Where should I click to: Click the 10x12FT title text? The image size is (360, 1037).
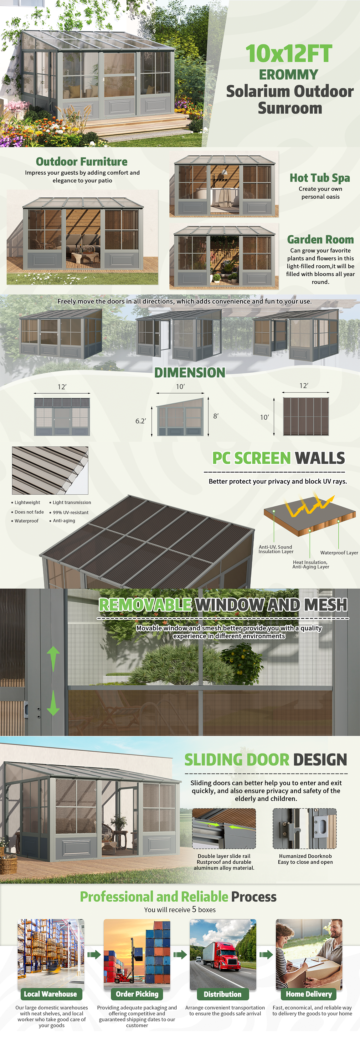click(289, 54)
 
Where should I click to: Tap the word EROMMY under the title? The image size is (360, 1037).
click(288, 74)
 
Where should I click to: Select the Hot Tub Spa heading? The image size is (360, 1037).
click(320, 178)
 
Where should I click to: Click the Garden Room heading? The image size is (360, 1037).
click(320, 239)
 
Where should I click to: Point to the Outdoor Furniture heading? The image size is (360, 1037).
click(82, 161)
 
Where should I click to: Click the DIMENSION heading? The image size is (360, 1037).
click(190, 372)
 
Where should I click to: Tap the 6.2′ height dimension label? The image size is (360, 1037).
click(141, 421)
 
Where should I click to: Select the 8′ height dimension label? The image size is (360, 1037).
click(216, 416)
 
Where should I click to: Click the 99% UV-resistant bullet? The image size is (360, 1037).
click(69, 513)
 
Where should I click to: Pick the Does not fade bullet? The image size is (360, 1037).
click(27, 512)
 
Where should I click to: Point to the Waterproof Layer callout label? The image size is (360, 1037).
click(339, 553)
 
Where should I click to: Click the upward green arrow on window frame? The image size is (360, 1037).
click(53, 659)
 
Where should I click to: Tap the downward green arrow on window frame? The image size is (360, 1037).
click(53, 703)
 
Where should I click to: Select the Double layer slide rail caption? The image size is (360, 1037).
click(224, 856)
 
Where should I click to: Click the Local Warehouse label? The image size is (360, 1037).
click(50, 994)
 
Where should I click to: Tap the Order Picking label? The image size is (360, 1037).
click(137, 994)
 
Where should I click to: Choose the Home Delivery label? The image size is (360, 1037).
click(309, 994)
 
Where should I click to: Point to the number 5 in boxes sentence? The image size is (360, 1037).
click(194, 909)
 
